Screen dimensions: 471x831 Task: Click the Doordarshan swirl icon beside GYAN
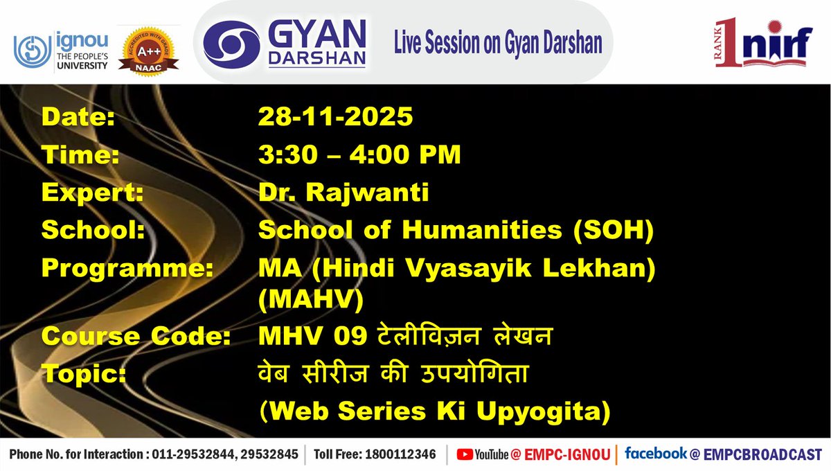tap(230, 42)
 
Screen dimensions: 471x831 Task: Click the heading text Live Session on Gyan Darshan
tap(498, 44)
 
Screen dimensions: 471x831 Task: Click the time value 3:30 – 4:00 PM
tap(359, 155)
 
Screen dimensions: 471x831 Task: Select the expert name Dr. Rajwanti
tap(343, 193)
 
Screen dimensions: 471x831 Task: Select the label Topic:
tap(84, 374)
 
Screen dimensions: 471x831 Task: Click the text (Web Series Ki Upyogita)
tap(434, 412)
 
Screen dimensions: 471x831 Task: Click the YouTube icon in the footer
tap(465, 454)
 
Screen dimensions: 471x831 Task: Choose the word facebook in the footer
tap(655, 454)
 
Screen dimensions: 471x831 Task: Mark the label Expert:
tap(92, 193)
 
